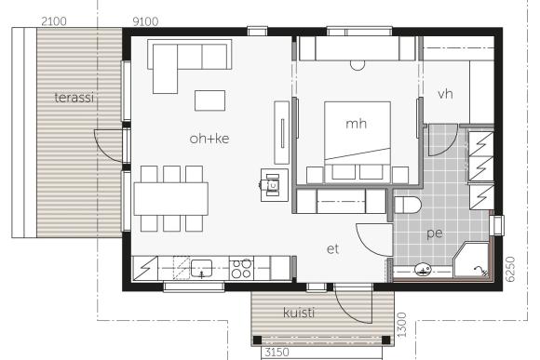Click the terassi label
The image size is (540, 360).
pos(74,98)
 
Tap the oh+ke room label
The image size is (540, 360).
pos(209,139)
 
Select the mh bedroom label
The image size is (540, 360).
pos(356,124)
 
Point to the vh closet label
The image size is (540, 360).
pos(445,94)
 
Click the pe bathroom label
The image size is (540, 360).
pos(435,233)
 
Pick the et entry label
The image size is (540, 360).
pos(332,248)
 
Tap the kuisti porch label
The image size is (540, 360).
pos(299,313)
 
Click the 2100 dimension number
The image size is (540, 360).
pos(54,21)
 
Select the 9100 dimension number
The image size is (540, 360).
pos(145,21)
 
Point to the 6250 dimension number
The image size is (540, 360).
pos(510,269)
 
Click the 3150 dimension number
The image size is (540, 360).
pos(277,353)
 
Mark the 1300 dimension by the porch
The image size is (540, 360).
pos(401,325)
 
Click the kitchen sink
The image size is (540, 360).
pos(201,269)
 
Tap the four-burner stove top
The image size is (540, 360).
pos(241,269)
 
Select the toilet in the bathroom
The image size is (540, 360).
pos(408,205)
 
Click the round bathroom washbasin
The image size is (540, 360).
pos(423,270)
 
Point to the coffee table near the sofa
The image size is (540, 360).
pos(209,100)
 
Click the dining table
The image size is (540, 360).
pos(171,199)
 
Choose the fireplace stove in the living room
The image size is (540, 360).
pos(274,185)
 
